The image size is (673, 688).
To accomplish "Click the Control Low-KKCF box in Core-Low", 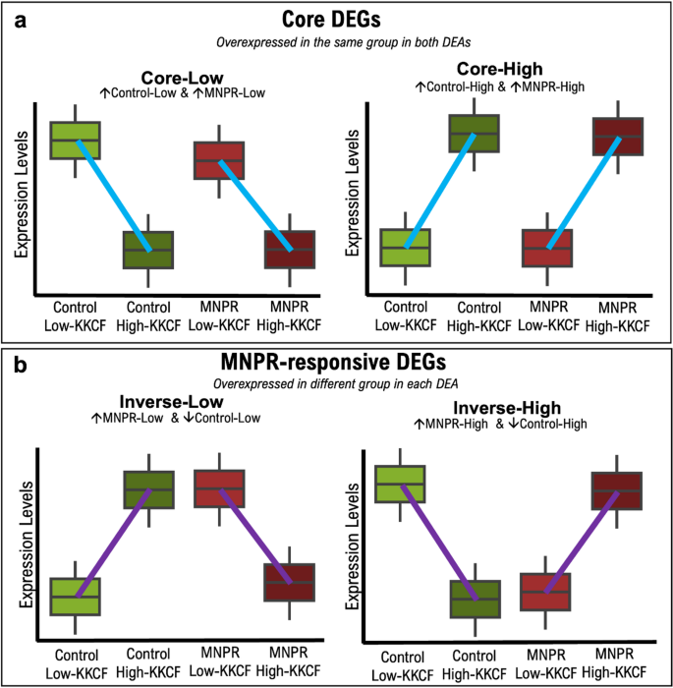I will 75,140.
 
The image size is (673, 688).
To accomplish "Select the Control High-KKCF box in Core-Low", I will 148,250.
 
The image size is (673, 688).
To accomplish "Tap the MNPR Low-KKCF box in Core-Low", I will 219,159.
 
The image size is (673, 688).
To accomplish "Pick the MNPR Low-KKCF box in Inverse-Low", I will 219,487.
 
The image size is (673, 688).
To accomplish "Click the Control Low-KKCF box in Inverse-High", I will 401,485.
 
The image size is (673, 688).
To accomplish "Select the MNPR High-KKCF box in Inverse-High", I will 618,490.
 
